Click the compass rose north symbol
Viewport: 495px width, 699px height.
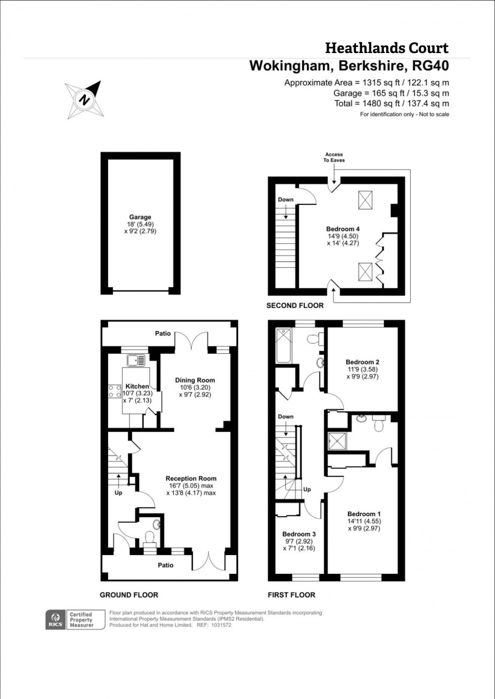click(85, 99)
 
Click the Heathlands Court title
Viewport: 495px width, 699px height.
click(386, 48)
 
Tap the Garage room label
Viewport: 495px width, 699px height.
click(140, 217)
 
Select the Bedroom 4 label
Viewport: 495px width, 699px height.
click(343, 229)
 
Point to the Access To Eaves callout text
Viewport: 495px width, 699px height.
click(334, 157)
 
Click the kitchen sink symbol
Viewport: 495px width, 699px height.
click(136, 360)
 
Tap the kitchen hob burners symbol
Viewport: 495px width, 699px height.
click(114, 391)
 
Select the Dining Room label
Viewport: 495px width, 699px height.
click(195, 380)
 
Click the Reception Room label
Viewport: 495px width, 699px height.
click(191, 478)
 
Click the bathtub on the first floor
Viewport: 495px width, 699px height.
click(283, 346)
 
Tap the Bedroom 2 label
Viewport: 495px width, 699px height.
click(362, 362)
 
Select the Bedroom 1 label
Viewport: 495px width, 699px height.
click(364, 514)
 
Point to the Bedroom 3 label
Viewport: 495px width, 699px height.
click(299, 534)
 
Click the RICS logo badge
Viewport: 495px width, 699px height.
click(56, 619)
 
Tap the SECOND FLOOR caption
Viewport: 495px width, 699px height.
click(295, 305)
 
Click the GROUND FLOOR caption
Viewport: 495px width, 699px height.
click(129, 595)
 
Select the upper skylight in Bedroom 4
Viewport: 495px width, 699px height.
click(365, 200)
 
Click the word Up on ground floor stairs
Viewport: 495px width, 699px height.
click(118, 493)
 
